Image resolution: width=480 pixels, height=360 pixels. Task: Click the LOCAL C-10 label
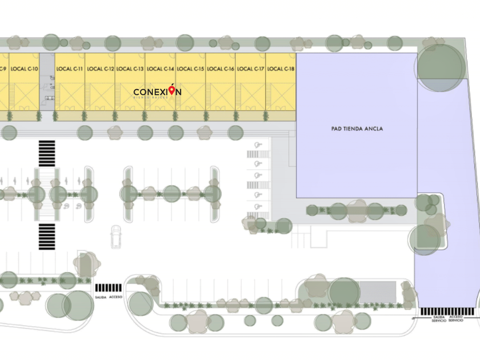point(25,69)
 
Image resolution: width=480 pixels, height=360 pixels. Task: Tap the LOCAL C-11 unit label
point(70,69)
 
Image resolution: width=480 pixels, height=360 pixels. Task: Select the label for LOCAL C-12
point(101,69)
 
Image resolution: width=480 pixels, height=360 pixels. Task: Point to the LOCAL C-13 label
point(130,69)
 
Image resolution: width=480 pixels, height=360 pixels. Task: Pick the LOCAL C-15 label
point(190,69)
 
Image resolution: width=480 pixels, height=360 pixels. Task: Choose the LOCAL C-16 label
point(221,69)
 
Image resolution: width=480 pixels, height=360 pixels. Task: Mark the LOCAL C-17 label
point(251,69)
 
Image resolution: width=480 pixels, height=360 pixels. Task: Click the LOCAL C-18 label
point(281,69)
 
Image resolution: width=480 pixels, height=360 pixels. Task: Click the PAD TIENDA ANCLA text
point(357,129)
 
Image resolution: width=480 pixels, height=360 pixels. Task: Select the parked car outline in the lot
point(116,237)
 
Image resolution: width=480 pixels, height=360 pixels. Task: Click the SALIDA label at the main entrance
point(101,297)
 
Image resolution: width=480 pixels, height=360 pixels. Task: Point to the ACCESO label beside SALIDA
point(115,297)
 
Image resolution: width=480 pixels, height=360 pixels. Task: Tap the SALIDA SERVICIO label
point(439,319)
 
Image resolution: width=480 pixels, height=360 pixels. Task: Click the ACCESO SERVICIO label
point(456,319)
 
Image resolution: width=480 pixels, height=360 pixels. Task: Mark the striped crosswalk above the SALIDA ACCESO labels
point(108,288)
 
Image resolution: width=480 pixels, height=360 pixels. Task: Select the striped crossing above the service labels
point(447,311)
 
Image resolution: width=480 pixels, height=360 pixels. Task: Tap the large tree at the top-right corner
point(441,67)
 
